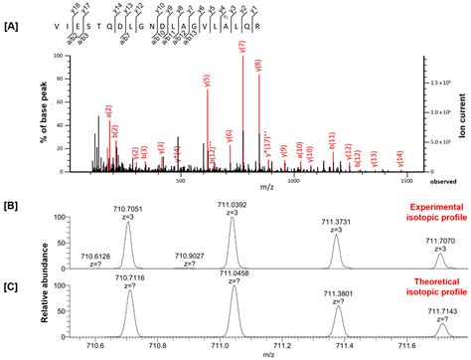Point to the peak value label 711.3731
(x=337, y=222)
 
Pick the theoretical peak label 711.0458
(x=235, y=273)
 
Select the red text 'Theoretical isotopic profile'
(x=424, y=286)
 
